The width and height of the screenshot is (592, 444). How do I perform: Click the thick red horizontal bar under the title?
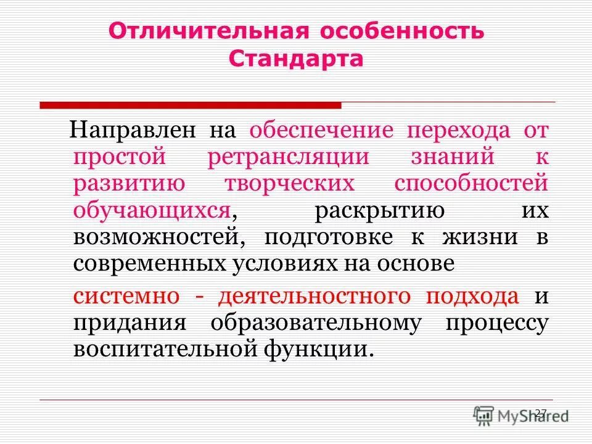[x=191, y=105]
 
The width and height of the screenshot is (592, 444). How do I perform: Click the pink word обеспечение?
[x=321, y=131]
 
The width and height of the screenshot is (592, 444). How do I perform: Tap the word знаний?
[x=453, y=157]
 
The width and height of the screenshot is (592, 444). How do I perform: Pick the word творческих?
[x=289, y=183]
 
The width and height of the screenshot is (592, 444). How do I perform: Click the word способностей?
[x=471, y=183]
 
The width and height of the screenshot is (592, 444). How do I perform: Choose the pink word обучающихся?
[x=152, y=210]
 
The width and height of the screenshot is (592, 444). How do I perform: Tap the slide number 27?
[x=541, y=413]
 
